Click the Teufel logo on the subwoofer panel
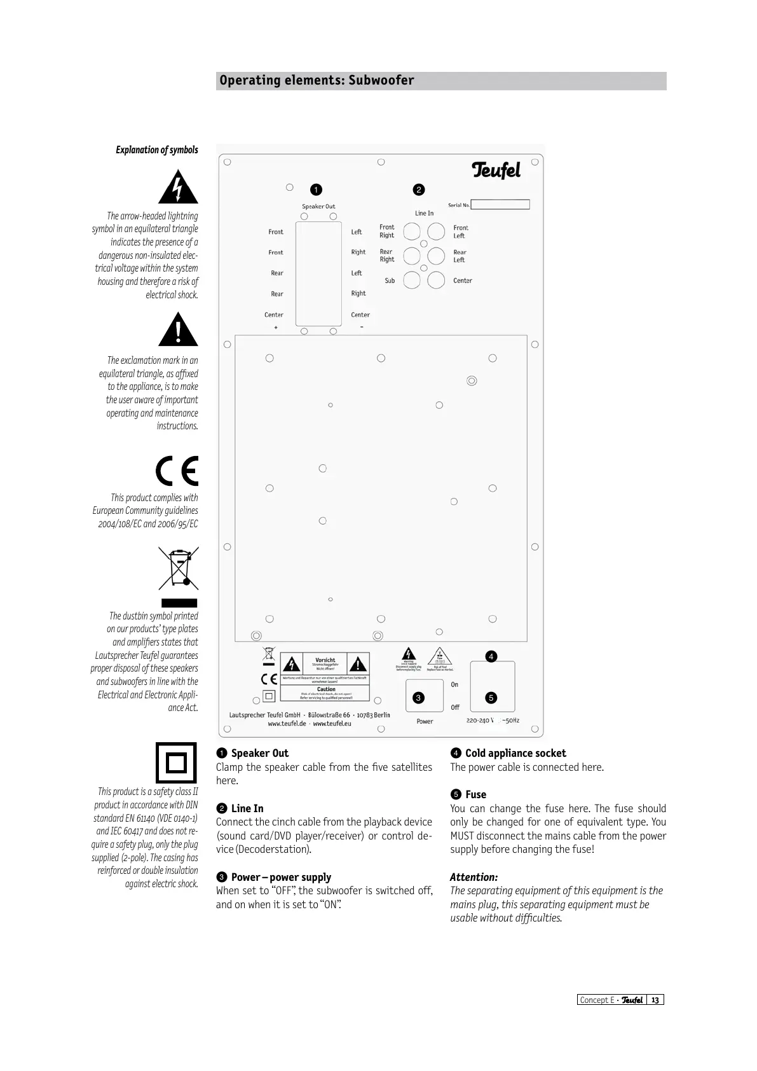(x=496, y=170)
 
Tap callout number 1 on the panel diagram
(x=316, y=190)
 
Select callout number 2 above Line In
(x=418, y=190)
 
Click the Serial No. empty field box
(x=500, y=205)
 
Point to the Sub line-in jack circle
(x=412, y=280)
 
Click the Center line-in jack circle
(x=436, y=280)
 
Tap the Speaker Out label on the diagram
(x=318, y=207)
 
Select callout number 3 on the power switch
(x=418, y=698)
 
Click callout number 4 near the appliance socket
(x=491, y=656)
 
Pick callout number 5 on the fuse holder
(x=491, y=698)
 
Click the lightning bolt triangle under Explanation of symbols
(x=179, y=188)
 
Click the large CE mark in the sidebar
(x=177, y=471)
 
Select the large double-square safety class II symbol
(x=177, y=763)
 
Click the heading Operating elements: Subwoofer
(x=317, y=81)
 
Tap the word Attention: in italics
(x=474, y=877)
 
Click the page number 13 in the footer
(x=655, y=1000)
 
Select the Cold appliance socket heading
(x=515, y=753)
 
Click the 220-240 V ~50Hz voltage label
(x=493, y=721)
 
